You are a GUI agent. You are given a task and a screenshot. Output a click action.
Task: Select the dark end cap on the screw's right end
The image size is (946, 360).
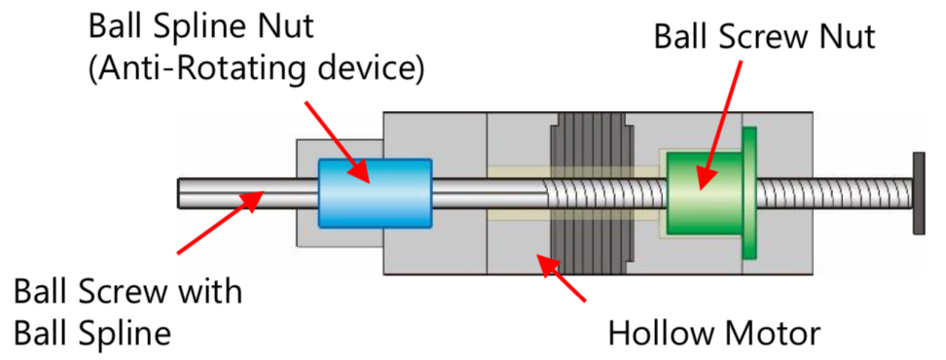(x=918, y=193)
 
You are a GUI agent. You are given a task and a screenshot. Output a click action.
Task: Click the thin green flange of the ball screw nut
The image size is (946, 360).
(x=749, y=193)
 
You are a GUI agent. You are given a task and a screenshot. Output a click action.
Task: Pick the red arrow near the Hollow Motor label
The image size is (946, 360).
(x=562, y=276)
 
